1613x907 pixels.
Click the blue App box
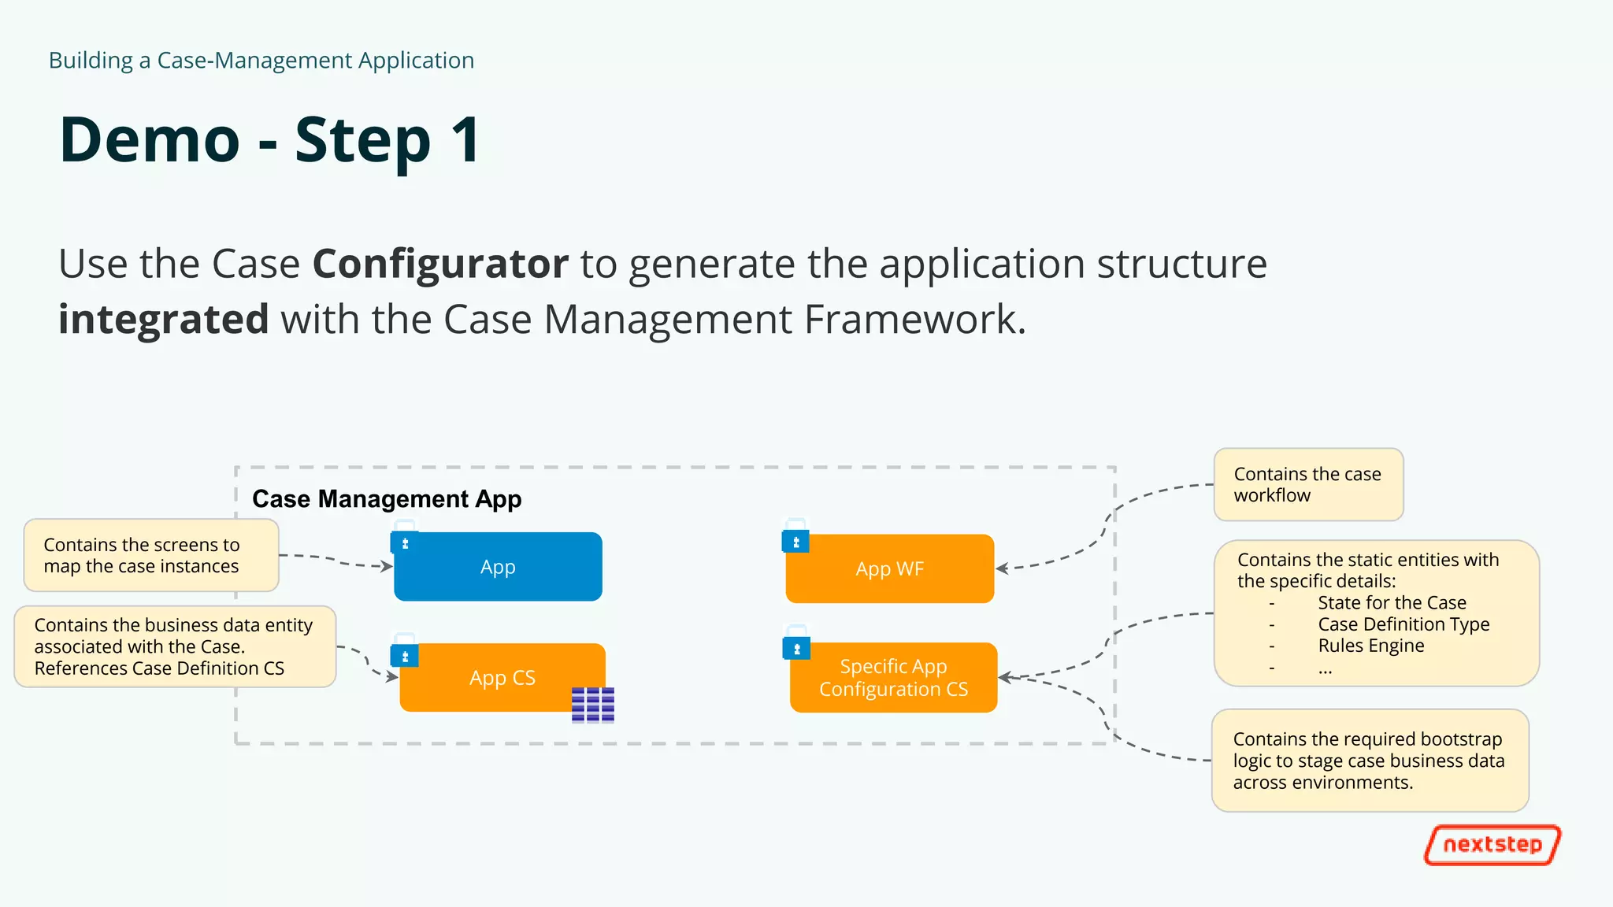(498, 567)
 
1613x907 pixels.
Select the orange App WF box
(889, 569)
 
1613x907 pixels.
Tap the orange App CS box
(502, 678)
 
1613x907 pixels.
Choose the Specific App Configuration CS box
(893, 678)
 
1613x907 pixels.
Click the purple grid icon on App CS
(592, 705)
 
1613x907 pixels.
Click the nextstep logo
(1492, 845)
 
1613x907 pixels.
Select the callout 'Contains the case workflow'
(1308, 485)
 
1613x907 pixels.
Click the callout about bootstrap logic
(1369, 761)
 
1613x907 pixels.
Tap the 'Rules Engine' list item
(1370, 646)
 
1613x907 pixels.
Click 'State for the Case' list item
(1392, 603)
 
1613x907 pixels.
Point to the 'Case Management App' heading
(387, 499)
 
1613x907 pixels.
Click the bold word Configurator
(440, 264)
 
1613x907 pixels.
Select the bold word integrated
(164, 320)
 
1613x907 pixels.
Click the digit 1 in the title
(465, 140)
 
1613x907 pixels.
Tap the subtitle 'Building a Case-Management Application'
(261, 61)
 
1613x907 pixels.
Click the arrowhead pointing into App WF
(1002, 568)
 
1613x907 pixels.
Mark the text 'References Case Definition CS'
(159, 668)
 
